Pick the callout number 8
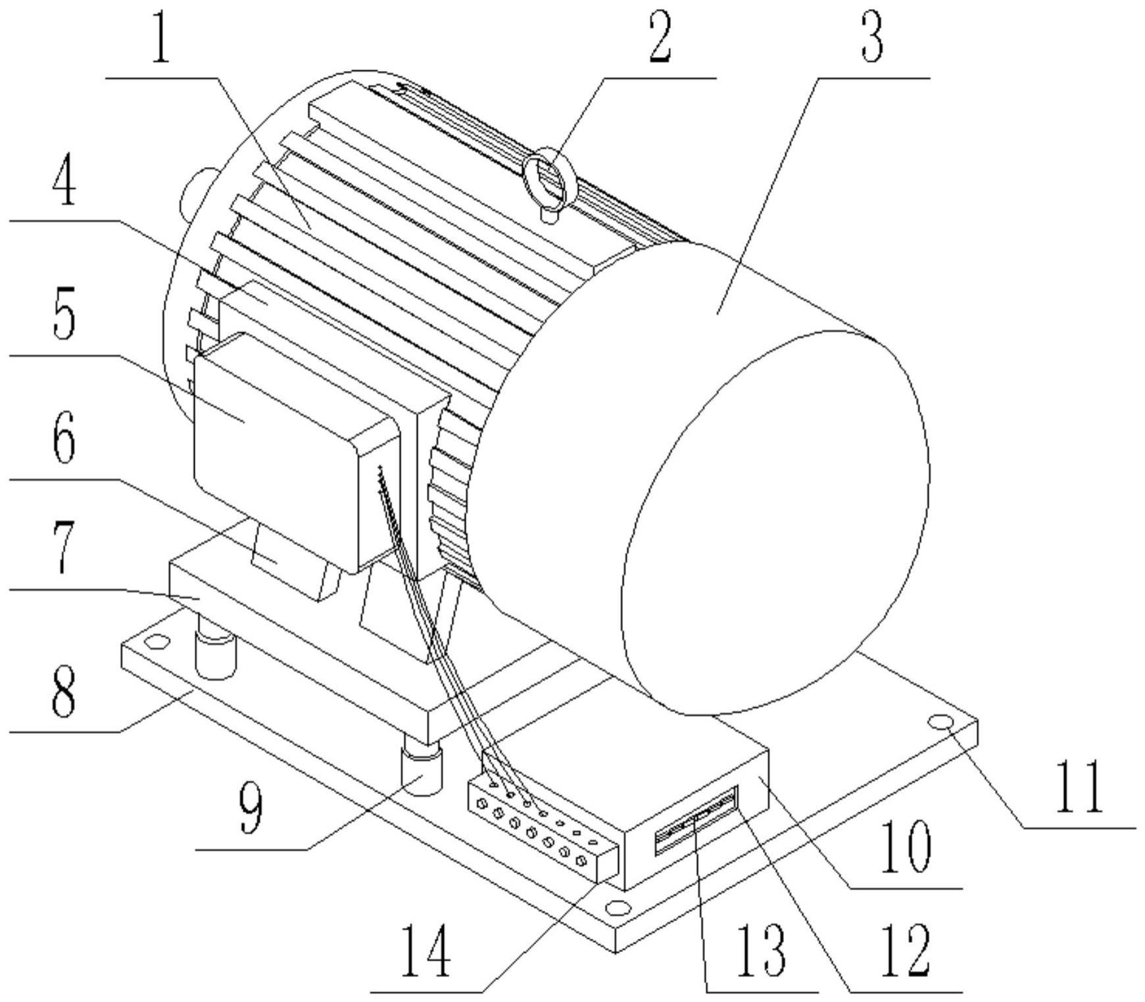[63, 690]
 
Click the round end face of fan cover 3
[776, 526]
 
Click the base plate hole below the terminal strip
[617, 908]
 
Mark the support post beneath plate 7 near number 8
[215, 654]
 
